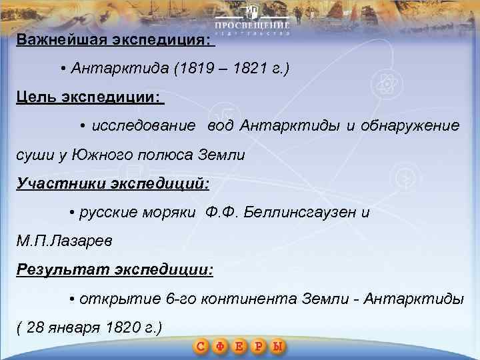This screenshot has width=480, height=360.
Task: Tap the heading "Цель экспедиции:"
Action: tap(89, 98)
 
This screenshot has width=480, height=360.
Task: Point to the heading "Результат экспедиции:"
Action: tap(115, 271)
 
